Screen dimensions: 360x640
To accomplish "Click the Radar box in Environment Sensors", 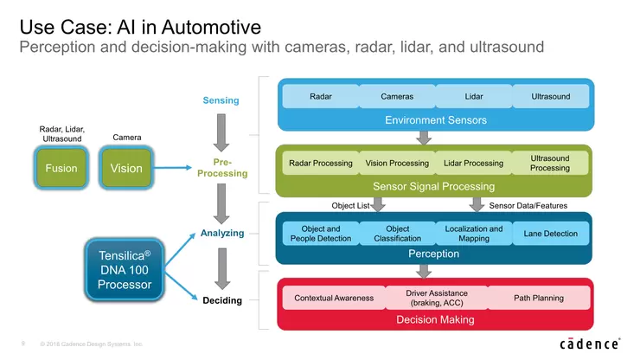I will (x=320, y=96).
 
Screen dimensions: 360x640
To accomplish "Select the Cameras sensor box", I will (x=396, y=96).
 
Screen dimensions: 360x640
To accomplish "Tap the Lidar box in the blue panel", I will (x=473, y=96).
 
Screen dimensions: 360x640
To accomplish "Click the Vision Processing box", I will (x=397, y=163).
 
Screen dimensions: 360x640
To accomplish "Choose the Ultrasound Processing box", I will (x=549, y=163).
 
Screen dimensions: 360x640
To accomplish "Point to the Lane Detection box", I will (x=550, y=234).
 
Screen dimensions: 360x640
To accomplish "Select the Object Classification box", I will (x=397, y=234).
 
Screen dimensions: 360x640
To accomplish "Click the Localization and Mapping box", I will (x=473, y=234).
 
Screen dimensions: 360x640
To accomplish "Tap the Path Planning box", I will (x=538, y=298).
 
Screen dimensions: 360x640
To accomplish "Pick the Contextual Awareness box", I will (x=334, y=298).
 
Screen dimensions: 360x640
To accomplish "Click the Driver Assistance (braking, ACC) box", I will (x=436, y=298).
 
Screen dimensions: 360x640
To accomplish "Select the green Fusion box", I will (x=61, y=168).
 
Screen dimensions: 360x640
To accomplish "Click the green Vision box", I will (x=126, y=168).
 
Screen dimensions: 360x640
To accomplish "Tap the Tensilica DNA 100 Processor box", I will (x=124, y=270).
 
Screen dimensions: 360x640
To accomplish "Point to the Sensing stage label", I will (x=221, y=101).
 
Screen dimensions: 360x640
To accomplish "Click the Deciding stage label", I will (x=222, y=301).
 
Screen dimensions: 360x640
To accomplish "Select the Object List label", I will (x=350, y=206).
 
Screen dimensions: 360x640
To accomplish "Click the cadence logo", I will (x=585, y=343).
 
